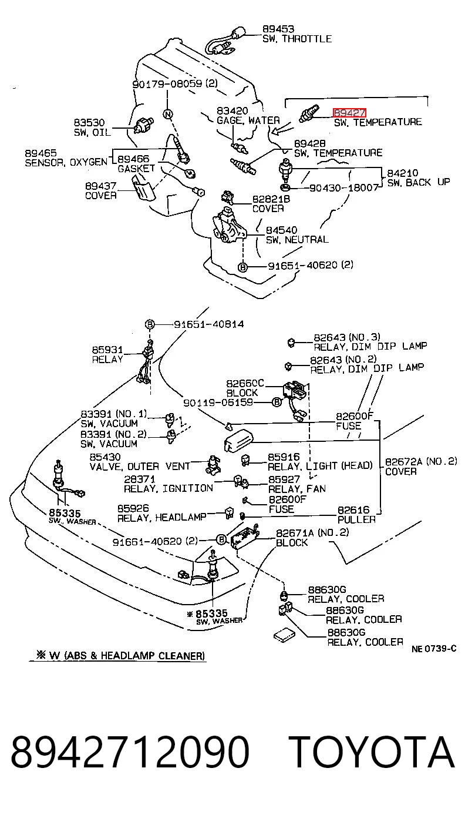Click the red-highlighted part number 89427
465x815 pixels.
pos(349,113)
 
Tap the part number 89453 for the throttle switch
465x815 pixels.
pos(278,29)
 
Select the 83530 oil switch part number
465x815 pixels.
pos(89,123)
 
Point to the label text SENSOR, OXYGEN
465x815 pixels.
pos(66,162)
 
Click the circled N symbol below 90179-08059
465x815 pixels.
pos(167,114)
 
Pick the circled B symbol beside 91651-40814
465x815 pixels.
pos(150,324)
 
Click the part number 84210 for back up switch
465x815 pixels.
pos(402,173)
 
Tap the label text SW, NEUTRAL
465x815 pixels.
pos(297,240)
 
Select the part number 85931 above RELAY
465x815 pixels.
pos(107,350)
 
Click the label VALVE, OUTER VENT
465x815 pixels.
pos(140,467)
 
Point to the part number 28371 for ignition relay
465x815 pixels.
pos(140,479)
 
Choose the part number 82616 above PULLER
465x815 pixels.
pos(353,509)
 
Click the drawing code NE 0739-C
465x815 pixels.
pos(434,648)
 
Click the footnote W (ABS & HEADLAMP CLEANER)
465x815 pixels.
pos(121,656)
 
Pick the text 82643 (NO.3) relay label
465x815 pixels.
pos(347,337)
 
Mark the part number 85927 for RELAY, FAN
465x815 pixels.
pos(284,479)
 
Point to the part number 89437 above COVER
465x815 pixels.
pos(101,186)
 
